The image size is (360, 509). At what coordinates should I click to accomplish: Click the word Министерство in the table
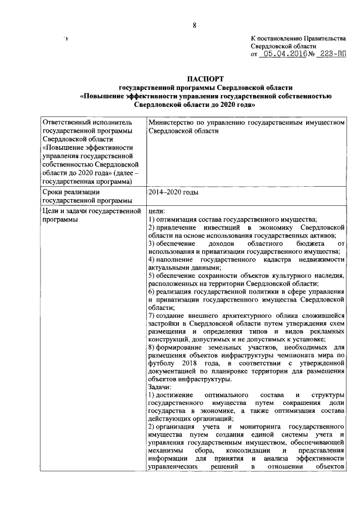point(173,121)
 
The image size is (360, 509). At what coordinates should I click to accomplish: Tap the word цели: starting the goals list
point(156,211)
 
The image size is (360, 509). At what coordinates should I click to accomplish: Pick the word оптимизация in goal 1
point(181,219)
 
